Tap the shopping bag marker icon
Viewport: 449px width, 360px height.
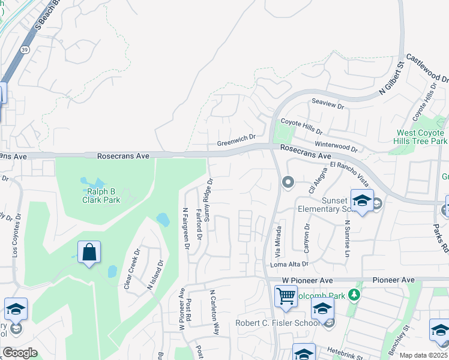[89, 253]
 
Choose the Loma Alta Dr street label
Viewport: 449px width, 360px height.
[289, 263]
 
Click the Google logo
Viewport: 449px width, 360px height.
[20, 353]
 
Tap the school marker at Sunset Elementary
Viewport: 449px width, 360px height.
[362, 202]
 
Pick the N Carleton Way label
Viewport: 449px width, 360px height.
[213, 313]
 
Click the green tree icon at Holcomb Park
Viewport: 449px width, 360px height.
[354, 295]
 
